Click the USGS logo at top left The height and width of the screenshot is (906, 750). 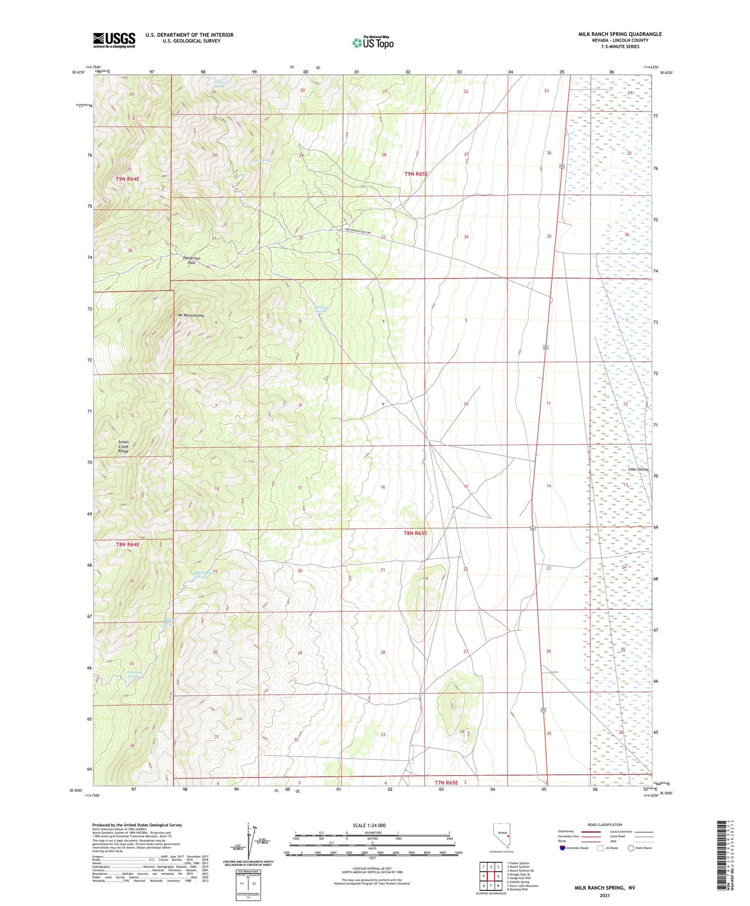point(114,40)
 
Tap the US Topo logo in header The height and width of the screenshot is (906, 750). point(373,42)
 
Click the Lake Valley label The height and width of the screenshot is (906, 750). point(638,469)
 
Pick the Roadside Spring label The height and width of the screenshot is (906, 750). point(322,309)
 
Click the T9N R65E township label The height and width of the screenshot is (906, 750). point(416,174)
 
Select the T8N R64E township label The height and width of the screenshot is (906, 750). point(128,544)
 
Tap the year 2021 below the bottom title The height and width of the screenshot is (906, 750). point(604,895)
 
